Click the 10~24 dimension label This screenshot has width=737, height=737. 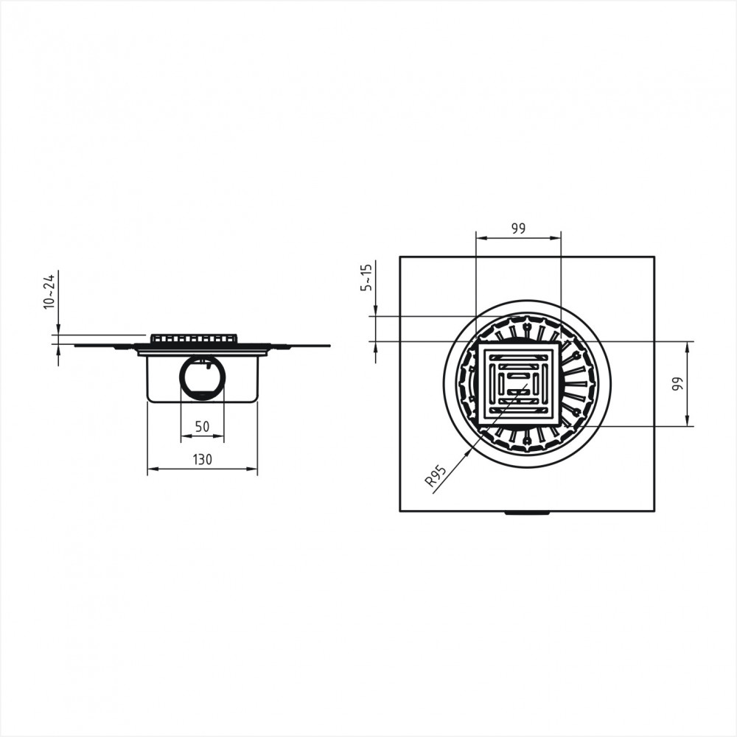[x=49, y=291]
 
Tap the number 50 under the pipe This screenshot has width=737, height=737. [x=202, y=426]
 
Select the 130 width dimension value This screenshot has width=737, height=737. [x=203, y=459]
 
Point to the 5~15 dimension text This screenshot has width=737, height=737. [x=366, y=277]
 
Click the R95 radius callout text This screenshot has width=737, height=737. [x=435, y=475]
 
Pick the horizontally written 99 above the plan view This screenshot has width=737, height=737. [x=518, y=228]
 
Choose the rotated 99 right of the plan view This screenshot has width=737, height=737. [x=677, y=384]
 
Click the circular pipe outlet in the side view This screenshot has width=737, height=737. [x=203, y=377]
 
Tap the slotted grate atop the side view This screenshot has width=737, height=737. [x=194, y=338]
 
